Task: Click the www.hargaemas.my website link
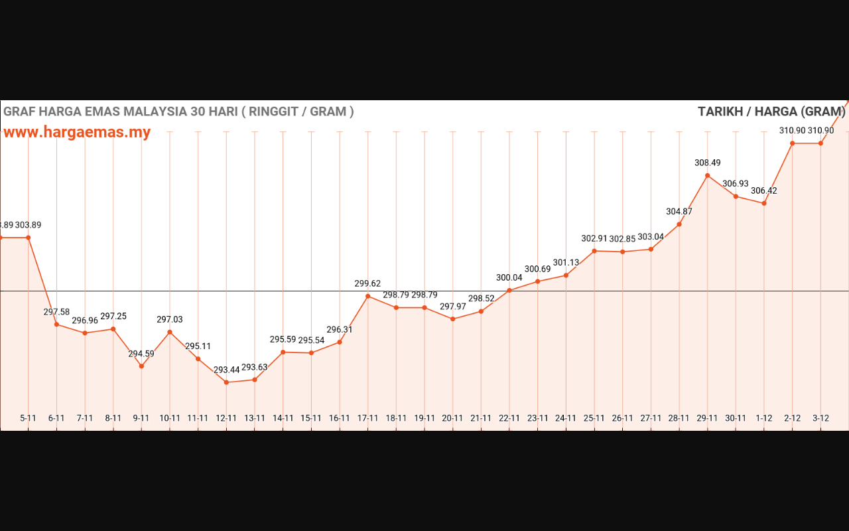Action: [x=77, y=132]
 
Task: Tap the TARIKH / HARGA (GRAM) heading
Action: [x=773, y=112]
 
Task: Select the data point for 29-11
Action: [x=708, y=176]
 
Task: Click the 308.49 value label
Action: [x=708, y=163]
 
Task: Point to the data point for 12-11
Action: [x=227, y=382]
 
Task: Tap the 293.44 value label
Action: [x=227, y=370]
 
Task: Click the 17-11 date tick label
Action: [x=368, y=418]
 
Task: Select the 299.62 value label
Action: [x=368, y=283]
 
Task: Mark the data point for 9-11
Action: [x=141, y=366]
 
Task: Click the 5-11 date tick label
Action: [x=29, y=418]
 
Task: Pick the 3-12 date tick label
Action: [x=820, y=418]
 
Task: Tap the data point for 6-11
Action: [x=57, y=325]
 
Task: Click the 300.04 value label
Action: [x=509, y=277]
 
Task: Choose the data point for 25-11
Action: [x=594, y=251]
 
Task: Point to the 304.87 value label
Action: [x=679, y=212]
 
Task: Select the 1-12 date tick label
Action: [x=764, y=418]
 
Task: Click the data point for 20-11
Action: [x=453, y=319]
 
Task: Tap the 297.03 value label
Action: [x=170, y=319]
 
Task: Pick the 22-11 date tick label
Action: [x=509, y=418]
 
